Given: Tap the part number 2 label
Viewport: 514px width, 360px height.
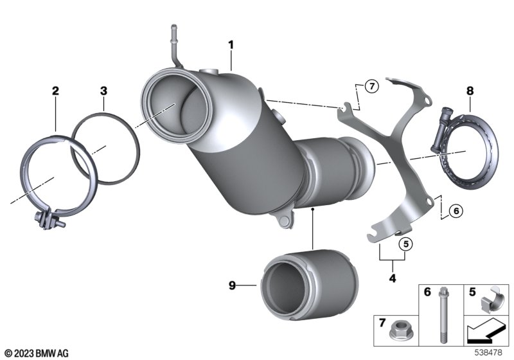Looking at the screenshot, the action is [55, 91].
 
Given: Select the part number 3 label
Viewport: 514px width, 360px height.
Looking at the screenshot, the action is [102, 91].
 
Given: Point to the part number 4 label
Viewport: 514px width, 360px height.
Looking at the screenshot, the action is [392, 278].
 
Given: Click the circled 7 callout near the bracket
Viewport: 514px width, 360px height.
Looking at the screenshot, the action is [371, 85].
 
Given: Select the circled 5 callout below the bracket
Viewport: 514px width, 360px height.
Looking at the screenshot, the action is [405, 244].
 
